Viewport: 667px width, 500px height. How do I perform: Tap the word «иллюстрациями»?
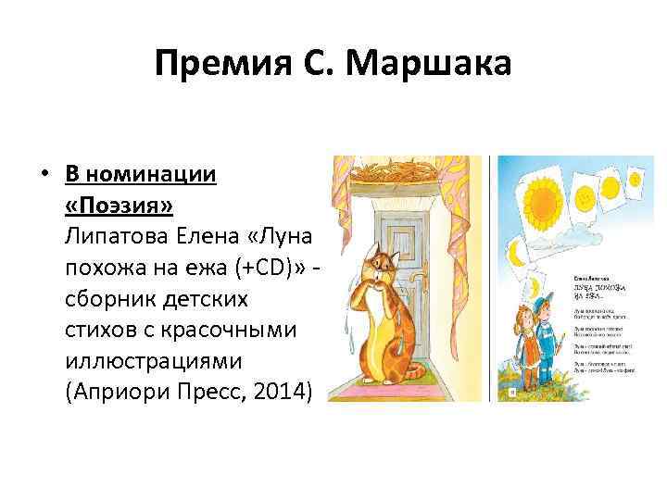[140, 356]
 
